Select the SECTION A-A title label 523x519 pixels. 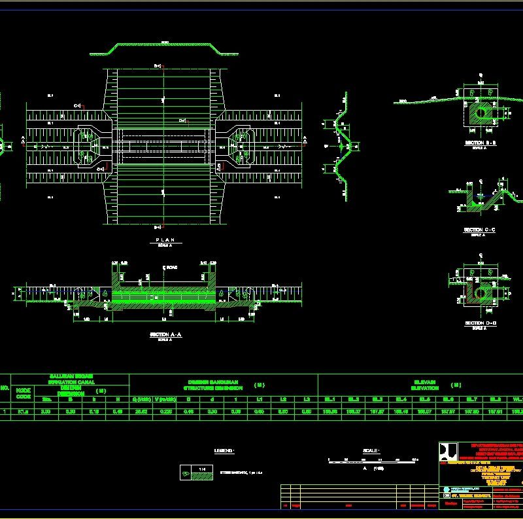click(x=165, y=334)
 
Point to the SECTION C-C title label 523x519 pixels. click(x=479, y=230)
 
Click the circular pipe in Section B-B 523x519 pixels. click(x=481, y=112)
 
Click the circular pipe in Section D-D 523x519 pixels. click(x=481, y=293)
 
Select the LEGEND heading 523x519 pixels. click(x=224, y=451)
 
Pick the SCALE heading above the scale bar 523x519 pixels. click(x=371, y=451)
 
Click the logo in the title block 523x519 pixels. click(x=448, y=452)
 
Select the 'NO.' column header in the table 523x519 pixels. click(x=5, y=387)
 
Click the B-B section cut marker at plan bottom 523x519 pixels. click(x=158, y=226)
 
